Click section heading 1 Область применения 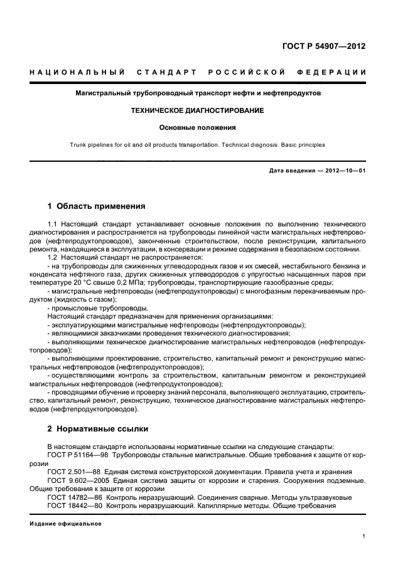97,206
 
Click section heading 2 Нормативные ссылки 98,429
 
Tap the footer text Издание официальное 57,523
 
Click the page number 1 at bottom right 364,536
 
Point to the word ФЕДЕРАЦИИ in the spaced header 333,73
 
